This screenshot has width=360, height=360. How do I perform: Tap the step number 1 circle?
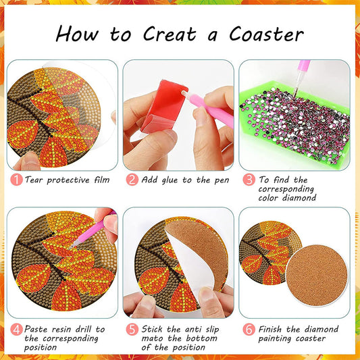click(16, 180)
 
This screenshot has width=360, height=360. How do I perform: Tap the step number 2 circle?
click(132, 180)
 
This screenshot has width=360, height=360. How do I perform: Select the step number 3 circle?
click(249, 180)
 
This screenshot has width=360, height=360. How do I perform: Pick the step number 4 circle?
click(16, 330)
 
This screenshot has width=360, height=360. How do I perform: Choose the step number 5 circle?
click(132, 330)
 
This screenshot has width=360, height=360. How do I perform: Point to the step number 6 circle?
click(249, 330)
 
